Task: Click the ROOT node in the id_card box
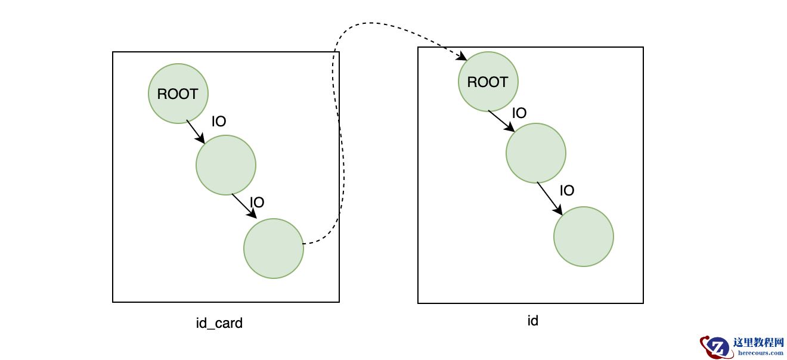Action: click(178, 94)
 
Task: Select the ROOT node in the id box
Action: click(488, 82)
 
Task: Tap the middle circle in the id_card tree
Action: click(226, 165)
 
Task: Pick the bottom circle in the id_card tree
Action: click(274, 249)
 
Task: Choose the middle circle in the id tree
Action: click(536, 153)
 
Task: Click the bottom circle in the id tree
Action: click(584, 237)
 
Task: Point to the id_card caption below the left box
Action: click(219, 324)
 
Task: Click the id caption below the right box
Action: click(533, 321)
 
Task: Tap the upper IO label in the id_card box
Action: click(219, 122)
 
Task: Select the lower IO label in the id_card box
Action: click(257, 203)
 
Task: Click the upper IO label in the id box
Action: click(519, 113)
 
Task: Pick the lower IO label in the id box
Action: click(567, 191)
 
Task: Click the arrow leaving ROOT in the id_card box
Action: click(196, 132)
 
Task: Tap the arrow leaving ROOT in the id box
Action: click(501, 121)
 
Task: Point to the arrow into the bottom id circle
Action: click(549, 198)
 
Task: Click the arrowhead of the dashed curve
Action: click(462, 57)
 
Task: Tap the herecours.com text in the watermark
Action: click(761, 352)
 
